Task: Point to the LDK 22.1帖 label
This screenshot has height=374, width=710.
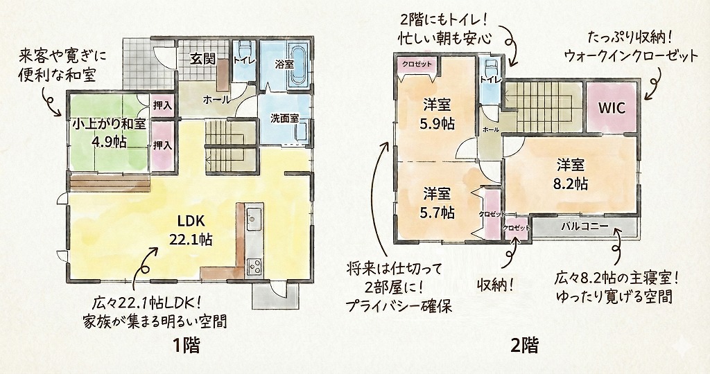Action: pos(191,230)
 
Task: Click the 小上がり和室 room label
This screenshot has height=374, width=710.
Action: pos(109,133)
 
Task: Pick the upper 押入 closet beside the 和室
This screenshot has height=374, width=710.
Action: pos(162,106)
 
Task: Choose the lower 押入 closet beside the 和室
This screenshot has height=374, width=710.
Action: pos(162,145)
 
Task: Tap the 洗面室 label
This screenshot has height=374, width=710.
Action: pos(284,118)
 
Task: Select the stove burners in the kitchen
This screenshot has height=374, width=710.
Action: pos(254,267)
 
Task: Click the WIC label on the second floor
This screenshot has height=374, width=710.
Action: pos(612,107)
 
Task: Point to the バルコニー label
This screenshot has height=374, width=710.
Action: pos(585,226)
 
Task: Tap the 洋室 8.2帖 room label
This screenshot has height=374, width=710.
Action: pos(571,175)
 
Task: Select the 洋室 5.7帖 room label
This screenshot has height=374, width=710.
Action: pos(438,203)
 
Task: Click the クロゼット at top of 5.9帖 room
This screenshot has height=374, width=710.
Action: pos(417,64)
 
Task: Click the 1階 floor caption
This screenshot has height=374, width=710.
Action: pos(186,346)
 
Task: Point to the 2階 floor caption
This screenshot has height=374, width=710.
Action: pos(525,346)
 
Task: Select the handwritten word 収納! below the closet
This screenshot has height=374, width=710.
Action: pos(496,285)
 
